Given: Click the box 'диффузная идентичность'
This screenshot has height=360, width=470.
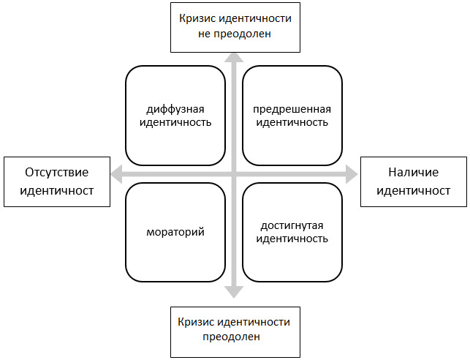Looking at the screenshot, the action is (175, 116).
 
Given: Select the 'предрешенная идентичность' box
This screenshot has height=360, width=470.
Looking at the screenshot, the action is (292, 116).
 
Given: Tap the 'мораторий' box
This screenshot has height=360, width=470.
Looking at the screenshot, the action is (175, 232).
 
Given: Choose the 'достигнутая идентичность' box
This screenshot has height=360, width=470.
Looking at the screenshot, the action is (292, 232).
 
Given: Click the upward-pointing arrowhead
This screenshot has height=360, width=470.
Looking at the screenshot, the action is (234, 58).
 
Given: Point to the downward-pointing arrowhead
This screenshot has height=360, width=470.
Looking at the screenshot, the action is (234, 293).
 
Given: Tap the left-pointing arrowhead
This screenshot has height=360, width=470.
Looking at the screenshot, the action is (116, 174).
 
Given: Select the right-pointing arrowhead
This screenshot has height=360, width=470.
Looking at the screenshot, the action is (352, 174).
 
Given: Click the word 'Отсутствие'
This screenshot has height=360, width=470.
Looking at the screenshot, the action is (57, 173).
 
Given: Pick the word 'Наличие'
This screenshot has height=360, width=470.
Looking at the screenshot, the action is (413, 173).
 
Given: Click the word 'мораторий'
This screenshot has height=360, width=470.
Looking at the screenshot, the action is (175, 232).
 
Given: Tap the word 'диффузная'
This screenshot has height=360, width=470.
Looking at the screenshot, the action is (175, 109).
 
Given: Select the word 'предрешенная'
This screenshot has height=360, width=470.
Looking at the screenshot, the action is (292, 109).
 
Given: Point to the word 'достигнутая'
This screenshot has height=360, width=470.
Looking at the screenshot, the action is (292, 225).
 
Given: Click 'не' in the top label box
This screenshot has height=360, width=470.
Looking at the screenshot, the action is (204, 34).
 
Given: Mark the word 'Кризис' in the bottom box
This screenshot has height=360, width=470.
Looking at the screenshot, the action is (195, 322).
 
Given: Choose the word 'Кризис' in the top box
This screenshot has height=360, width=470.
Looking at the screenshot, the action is (197, 18).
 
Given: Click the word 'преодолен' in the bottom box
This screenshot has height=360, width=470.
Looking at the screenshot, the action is (231, 337).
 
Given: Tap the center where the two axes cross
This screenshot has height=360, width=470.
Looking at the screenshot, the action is (234, 174).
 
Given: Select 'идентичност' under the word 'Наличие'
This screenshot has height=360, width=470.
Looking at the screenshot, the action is (413, 191).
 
